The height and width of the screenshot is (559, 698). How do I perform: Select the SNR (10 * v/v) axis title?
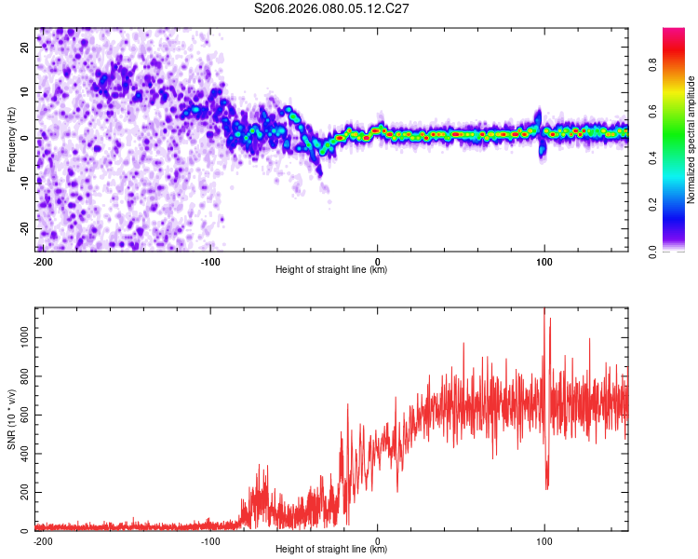[11, 420]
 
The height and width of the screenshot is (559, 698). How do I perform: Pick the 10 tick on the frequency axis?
[26, 93]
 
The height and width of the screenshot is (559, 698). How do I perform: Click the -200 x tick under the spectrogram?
[42, 261]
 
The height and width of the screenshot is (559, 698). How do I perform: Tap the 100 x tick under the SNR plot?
[544, 540]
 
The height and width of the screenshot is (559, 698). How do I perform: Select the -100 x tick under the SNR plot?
[210, 540]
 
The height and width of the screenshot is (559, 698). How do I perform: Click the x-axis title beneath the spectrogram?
[331, 270]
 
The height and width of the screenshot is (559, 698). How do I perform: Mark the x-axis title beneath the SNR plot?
[331, 550]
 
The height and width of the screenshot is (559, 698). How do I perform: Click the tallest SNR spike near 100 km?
[544, 311]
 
